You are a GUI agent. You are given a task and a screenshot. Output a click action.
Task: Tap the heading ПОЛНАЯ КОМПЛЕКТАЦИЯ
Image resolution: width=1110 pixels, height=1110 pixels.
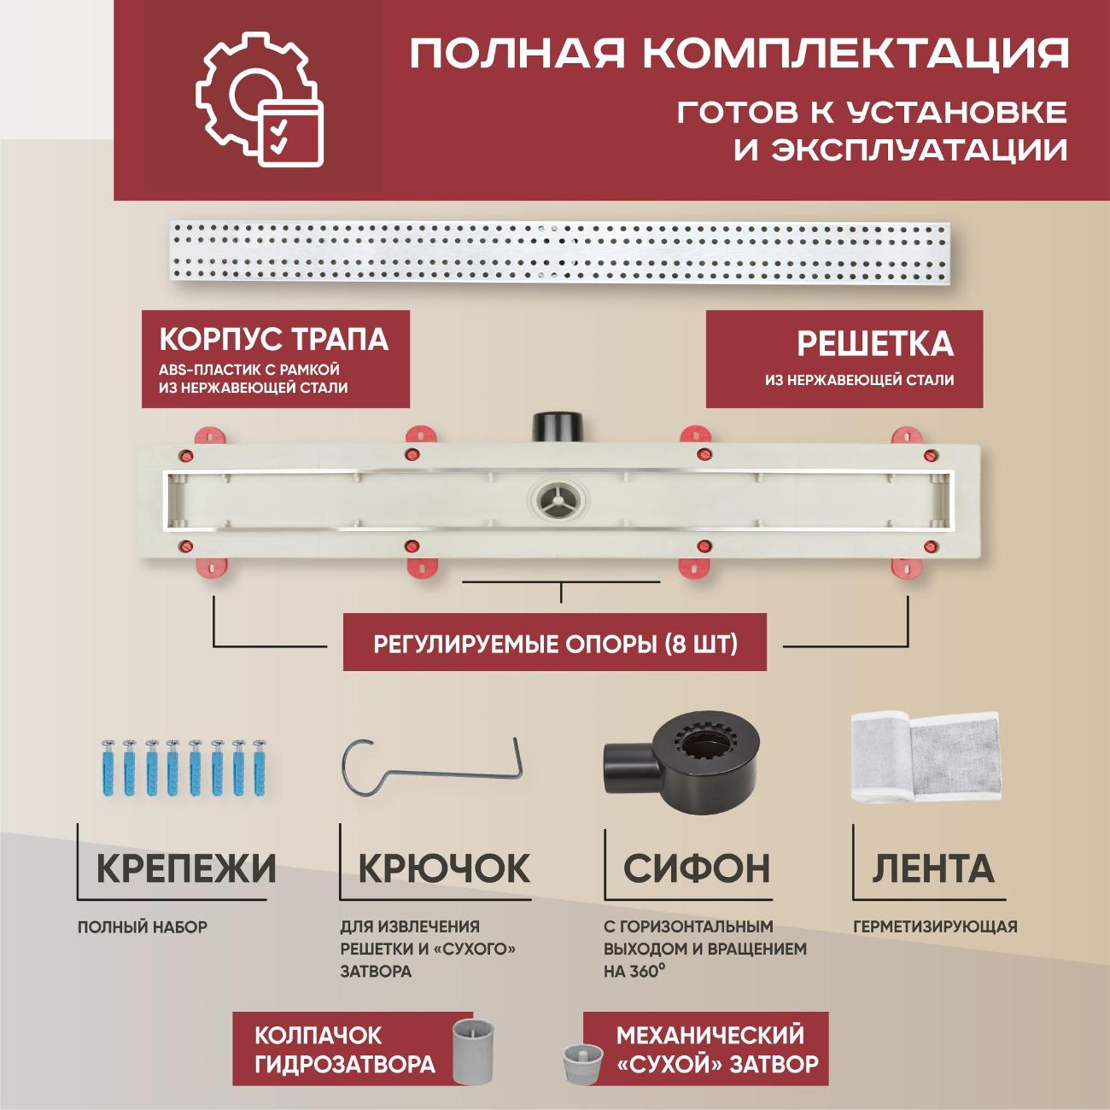[x=739, y=53]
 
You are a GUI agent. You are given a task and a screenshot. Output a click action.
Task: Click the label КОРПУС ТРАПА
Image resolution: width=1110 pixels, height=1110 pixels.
[x=273, y=340]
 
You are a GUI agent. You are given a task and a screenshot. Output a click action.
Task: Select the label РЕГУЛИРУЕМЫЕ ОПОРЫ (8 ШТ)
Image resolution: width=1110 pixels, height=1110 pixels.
[x=555, y=643]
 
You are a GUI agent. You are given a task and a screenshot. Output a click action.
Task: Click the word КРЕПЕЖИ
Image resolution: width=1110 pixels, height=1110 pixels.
[x=186, y=868]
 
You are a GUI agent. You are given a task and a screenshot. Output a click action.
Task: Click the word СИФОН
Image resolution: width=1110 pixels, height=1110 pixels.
[x=696, y=868]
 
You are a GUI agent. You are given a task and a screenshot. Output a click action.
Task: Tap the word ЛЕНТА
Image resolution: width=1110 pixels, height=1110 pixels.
[x=933, y=868]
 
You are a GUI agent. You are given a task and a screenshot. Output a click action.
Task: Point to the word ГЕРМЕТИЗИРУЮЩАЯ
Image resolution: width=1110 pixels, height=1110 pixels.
[x=935, y=926]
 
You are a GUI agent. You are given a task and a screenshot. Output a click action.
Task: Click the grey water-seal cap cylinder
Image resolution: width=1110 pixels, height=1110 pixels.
[x=473, y=1049]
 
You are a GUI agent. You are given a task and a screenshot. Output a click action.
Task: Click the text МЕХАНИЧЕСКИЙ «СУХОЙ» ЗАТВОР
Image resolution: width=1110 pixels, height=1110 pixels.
[x=716, y=1049]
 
